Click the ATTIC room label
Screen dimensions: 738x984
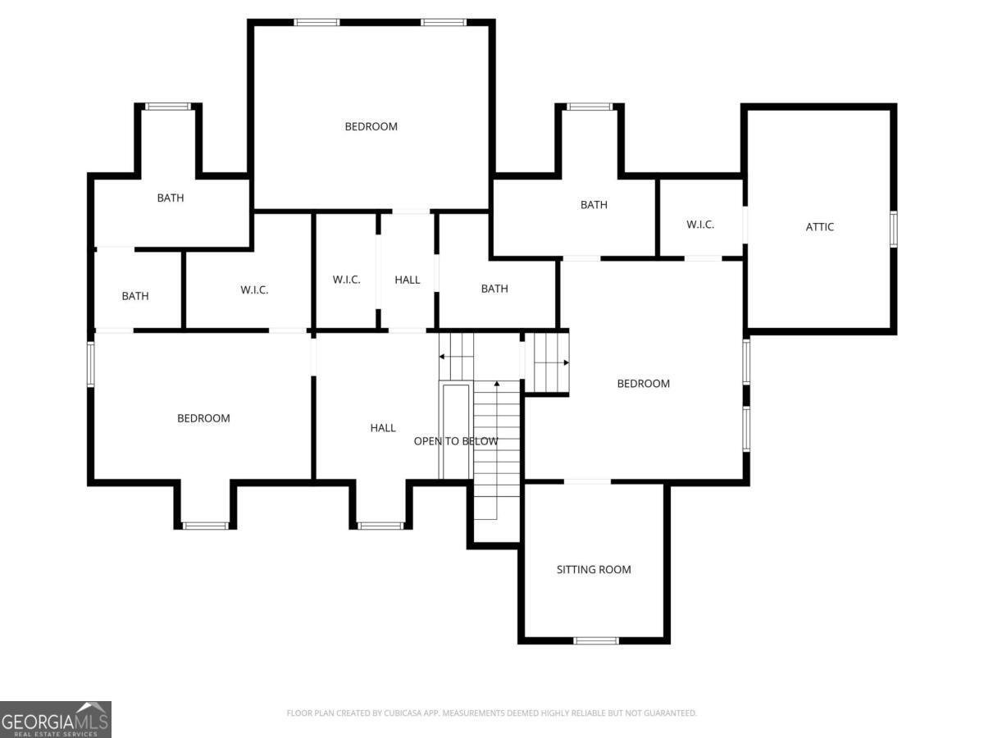pyautogui.click(x=819, y=227)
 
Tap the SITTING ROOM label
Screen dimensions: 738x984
pyautogui.click(x=594, y=569)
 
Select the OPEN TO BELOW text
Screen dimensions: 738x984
pyautogui.click(x=455, y=441)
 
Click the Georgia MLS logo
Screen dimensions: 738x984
pyautogui.click(x=55, y=719)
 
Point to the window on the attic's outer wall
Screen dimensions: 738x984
pyautogui.click(x=893, y=228)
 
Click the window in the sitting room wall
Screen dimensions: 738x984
pyautogui.click(x=595, y=640)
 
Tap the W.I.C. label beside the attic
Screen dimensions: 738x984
pyautogui.click(x=699, y=225)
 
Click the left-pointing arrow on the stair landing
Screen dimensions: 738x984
pyautogui.click(x=443, y=357)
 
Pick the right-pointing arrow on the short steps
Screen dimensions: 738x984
pyautogui.click(x=564, y=362)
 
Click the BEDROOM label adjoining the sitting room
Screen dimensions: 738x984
pyautogui.click(x=643, y=383)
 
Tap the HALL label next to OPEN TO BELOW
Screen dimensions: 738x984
pyautogui.click(x=382, y=427)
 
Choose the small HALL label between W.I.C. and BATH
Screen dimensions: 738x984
pyautogui.click(x=407, y=280)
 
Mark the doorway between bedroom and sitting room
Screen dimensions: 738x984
pyautogui.click(x=587, y=481)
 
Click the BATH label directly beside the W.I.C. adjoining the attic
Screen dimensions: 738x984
pyautogui.click(x=594, y=205)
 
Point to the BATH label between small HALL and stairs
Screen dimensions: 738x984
pyautogui.click(x=494, y=289)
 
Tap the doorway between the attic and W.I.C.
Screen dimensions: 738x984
pyautogui.click(x=745, y=223)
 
